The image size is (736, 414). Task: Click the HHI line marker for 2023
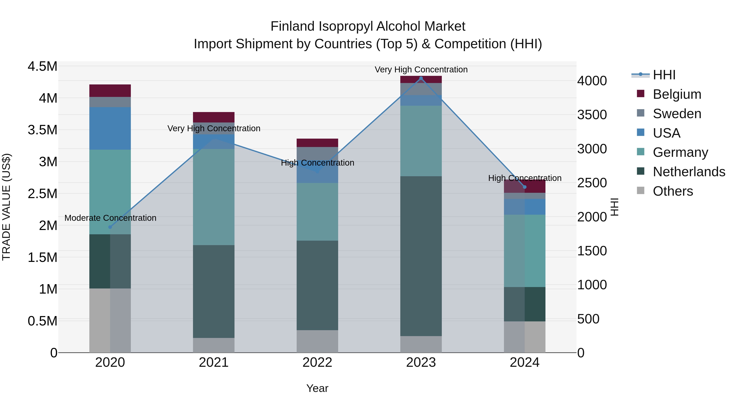[421, 78]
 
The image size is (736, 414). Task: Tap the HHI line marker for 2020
[110, 227]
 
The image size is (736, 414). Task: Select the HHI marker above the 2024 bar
[525, 187]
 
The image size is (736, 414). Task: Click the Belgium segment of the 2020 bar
[110, 91]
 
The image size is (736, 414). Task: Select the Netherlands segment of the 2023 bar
[421, 256]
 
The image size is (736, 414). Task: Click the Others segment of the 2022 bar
[317, 341]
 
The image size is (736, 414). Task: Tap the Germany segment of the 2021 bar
[214, 197]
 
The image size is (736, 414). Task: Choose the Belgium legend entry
[677, 94]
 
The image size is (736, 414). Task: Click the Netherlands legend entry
[689, 172]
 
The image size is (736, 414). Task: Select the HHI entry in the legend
[664, 75]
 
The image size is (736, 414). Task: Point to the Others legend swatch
[641, 191]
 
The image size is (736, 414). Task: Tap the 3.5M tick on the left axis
[42, 130]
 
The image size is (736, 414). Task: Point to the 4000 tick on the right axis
[592, 81]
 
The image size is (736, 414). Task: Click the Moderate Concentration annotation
[110, 218]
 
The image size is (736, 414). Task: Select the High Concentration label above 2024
[525, 178]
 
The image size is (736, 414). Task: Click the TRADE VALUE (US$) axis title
[6, 207]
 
